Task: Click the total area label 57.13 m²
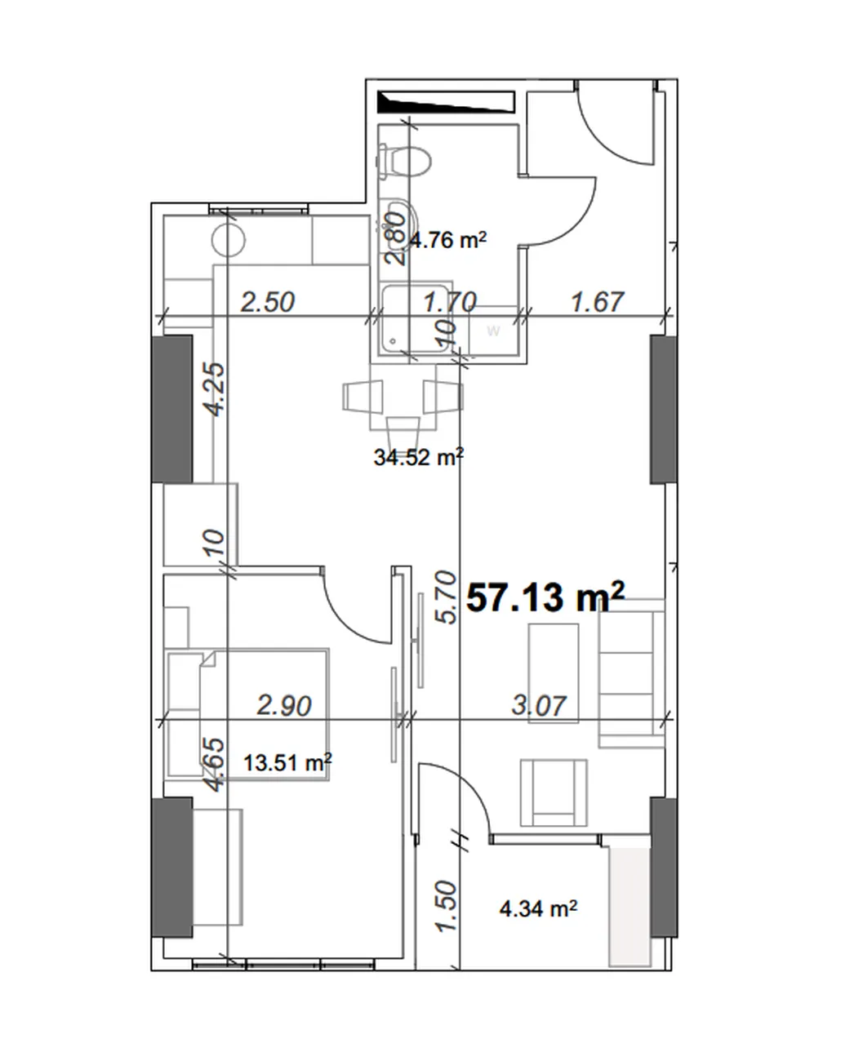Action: tap(545, 597)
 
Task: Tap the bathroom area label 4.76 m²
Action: tap(448, 240)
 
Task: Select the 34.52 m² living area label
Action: tap(418, 457)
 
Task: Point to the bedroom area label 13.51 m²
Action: tap(287, 763)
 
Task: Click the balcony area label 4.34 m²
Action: tap(538, 908)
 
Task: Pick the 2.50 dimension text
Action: tap(267, 302)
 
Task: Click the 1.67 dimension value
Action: tap(598, 302)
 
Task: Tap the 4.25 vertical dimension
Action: tap(216, 389)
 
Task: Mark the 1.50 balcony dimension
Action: tap(446, 906)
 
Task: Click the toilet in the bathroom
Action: tap(406, 161)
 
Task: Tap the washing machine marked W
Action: tap(493, 331)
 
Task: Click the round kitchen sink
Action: tap(229, 240)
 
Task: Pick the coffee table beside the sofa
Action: tap(553, 673)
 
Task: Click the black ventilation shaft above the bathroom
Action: tap(446, 101)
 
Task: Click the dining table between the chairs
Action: tap(403, 397)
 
